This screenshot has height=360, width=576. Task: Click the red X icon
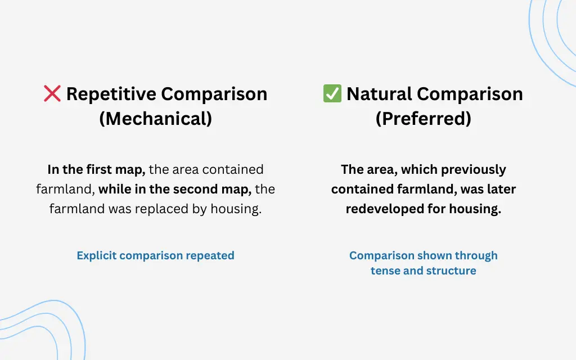(52, 93)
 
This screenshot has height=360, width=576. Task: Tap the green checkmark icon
(332, 93)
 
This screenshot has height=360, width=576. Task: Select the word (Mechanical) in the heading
(156, 119)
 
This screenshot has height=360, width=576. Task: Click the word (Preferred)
(424, 119)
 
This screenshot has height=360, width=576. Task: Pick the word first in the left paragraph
(96, 169)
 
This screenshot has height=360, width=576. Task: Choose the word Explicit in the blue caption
(97, 256)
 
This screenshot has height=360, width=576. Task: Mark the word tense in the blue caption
(385, 271)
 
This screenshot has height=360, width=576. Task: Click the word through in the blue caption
(476, 256)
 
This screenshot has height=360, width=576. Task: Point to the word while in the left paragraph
(115, 189)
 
